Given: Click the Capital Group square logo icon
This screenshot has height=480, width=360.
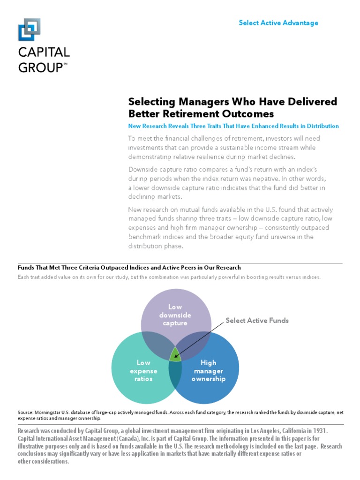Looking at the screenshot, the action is tap(29, 30).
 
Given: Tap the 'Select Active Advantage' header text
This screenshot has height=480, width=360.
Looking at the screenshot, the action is tap(278, 23).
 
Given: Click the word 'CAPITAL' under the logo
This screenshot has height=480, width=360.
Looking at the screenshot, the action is tap(44, 52).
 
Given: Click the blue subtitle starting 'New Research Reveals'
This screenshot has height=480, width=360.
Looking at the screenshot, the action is tap(233, 126).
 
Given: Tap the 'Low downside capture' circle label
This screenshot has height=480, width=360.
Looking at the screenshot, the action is tap(175, 315).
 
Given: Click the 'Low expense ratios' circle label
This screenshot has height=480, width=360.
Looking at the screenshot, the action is tap(143, 370).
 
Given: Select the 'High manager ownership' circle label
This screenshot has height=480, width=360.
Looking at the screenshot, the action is tap(208, 370).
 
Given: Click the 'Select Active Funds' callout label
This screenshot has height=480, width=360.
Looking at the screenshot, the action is tap(257, 321).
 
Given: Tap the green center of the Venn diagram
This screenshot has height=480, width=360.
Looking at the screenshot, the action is tap(175, 354).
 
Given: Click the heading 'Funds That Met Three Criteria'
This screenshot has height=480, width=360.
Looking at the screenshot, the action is tap(129, 268).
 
